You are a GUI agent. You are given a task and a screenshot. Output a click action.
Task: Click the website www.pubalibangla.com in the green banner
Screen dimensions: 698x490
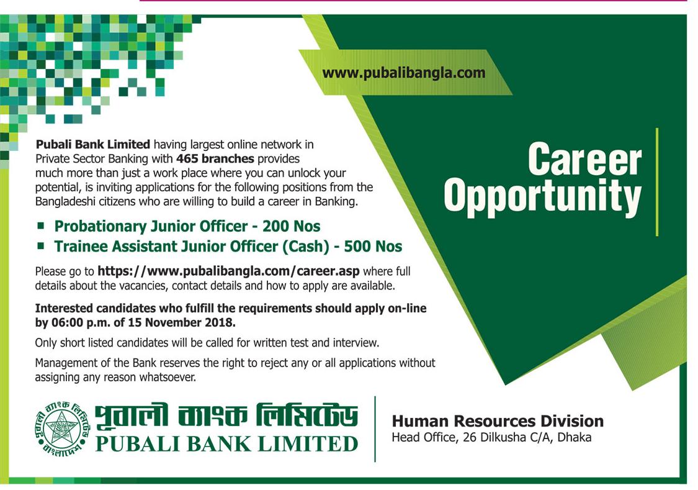[x=404, y=73]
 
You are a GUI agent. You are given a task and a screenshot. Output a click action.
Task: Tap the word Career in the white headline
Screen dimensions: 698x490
[x=584, y=160]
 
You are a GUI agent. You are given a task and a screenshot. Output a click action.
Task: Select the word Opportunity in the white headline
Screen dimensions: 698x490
[x=543, y=196]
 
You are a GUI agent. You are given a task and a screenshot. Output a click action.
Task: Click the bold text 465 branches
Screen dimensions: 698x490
[x=215, y=158]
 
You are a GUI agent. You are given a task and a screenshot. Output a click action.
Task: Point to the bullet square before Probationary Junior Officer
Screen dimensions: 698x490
[x=41, y=225]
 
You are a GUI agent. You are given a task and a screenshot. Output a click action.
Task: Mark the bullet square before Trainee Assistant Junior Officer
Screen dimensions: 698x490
[x=41, y=245]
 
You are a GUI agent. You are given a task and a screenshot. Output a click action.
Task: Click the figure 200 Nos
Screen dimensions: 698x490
[x=291, y=226]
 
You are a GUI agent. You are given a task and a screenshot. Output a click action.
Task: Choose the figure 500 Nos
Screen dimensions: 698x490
[x=373, y=247]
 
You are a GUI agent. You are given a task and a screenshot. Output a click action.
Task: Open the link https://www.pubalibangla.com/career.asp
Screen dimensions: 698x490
[x=228, y=271]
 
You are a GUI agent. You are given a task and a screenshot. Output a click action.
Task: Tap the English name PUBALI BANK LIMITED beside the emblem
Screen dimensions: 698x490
[x=227, y=444]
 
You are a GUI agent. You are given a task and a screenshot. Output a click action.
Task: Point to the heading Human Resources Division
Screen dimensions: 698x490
[x=498, y=421]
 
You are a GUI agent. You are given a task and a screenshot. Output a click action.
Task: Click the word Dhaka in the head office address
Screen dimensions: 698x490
[x=575, y=437]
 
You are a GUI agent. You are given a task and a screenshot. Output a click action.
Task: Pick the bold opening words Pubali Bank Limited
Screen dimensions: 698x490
[x=92, y=144]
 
